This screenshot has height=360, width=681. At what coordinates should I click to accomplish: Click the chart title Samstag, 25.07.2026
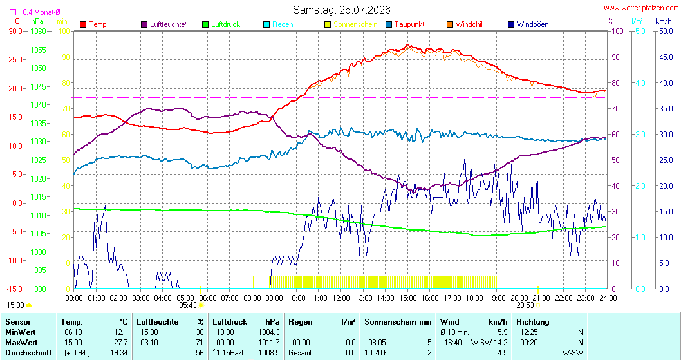point(341,10)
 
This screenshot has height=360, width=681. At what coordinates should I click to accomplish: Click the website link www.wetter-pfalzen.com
point(640,8)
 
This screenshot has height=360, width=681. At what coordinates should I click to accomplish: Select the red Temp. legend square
point(84,24)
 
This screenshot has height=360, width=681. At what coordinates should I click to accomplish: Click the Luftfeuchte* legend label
point(169,24)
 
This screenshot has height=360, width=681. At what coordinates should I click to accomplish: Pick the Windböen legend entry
point(528,24)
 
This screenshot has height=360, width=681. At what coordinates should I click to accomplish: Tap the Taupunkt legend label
point(409,24)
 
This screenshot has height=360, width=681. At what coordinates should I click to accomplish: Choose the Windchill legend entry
point(465,24)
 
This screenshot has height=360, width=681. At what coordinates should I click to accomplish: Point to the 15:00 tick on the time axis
point(408,298)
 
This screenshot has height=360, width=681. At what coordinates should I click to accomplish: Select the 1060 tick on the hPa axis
point(38,32)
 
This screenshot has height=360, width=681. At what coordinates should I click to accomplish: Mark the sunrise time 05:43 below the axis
point(188,305)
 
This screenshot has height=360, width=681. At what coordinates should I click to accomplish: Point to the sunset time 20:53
point(525,305)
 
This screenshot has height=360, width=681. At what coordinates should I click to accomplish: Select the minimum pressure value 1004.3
point(269,332)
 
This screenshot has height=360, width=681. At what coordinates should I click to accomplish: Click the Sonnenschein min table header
point(398,322)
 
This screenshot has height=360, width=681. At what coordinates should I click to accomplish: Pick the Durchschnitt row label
point(29,353)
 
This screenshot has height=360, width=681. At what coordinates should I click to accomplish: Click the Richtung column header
point(533,322)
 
